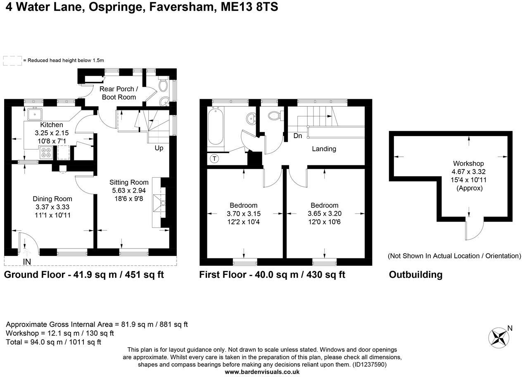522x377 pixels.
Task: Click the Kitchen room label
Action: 52,125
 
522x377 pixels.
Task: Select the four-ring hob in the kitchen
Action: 45,154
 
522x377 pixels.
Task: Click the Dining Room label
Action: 52,199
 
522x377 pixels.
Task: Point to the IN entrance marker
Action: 27,262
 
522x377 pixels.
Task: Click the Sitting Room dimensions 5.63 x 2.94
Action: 128,191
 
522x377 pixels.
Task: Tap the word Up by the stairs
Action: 159,148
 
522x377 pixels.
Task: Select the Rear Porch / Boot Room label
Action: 118,93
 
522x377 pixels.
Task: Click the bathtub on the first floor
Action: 216,126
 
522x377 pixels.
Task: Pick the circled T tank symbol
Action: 214,158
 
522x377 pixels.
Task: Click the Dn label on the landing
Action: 297,136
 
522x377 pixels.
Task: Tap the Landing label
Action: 324,149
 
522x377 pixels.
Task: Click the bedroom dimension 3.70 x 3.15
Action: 244,214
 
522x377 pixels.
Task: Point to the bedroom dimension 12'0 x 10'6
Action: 324,222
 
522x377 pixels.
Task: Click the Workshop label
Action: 468,163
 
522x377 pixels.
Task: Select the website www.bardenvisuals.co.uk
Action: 262,372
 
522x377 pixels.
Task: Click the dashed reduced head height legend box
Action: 12,61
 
